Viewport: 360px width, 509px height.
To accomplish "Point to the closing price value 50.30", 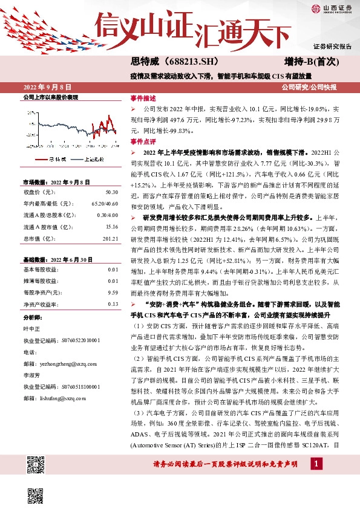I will [x=111, y=192].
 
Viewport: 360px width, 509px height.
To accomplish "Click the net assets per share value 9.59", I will [x=113, y=292].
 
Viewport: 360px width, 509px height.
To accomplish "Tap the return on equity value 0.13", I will [x=113, y=303].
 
